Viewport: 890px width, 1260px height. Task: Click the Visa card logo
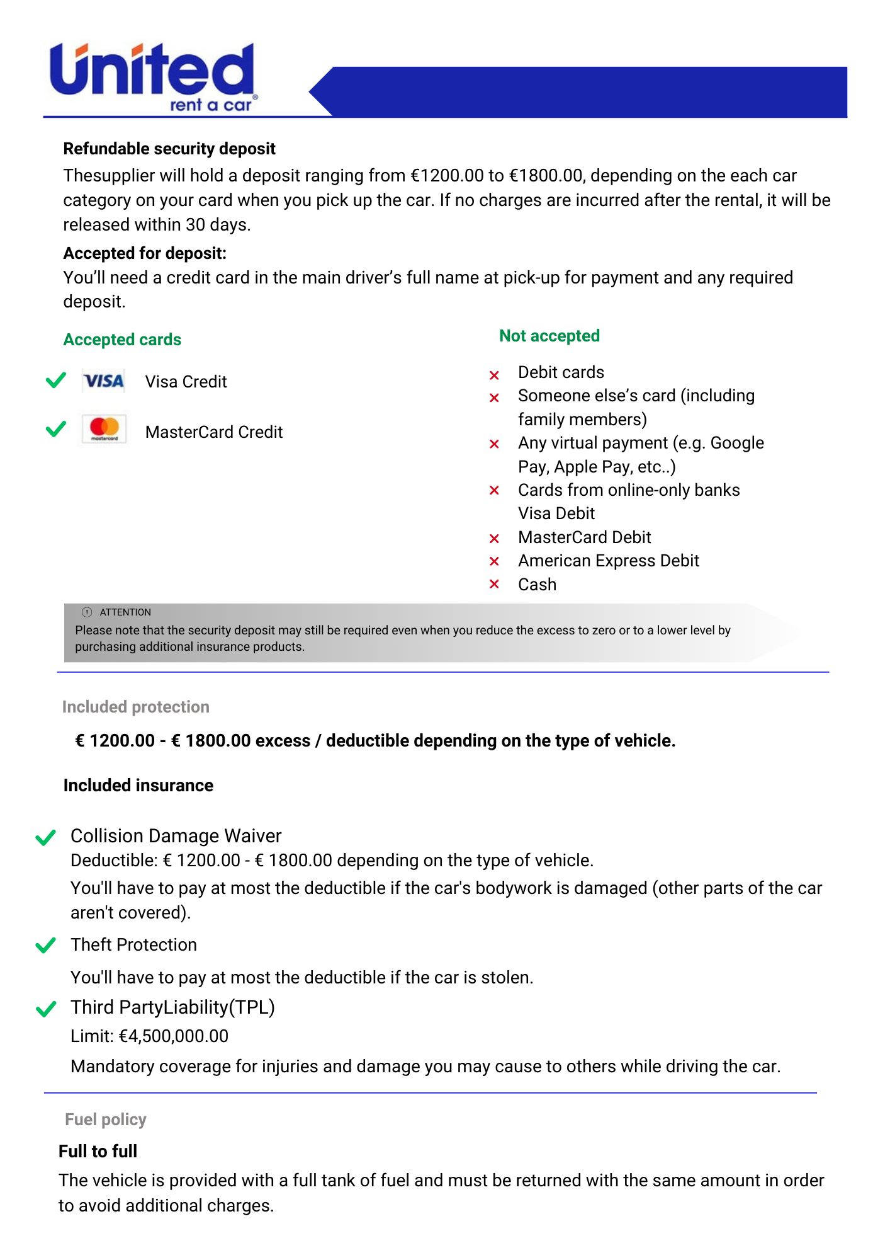[x=104, y=381]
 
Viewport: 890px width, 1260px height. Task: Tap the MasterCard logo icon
[x=104, y=429]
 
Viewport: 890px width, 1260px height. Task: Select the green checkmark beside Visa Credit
[x=56, y=380]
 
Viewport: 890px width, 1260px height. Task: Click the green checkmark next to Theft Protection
[x=46, y=945]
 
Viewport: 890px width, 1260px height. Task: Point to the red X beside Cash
[x=494, y=585]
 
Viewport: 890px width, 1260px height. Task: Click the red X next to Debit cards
[x=494, y=375]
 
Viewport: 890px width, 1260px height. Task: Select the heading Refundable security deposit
[x=169, y=149]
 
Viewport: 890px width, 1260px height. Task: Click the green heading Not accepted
[x=549, y=336]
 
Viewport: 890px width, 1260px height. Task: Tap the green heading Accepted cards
[x=122, y=340]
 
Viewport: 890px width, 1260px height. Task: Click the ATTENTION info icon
[x=87, y=612]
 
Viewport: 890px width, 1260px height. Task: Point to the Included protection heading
[x=135, y=707]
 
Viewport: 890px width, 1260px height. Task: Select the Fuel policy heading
[x=105, y=1120]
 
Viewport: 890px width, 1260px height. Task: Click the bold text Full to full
[x=98, y=1151]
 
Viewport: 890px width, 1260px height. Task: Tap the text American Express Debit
[x=608, y=561]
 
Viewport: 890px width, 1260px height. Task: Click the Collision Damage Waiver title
[x=176, y=835]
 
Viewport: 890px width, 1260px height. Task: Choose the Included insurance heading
[x=138, y=786]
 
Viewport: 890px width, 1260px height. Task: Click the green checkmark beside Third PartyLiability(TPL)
[x=46, y=1009]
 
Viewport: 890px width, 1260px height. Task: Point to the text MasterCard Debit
[x=584, y=537]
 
